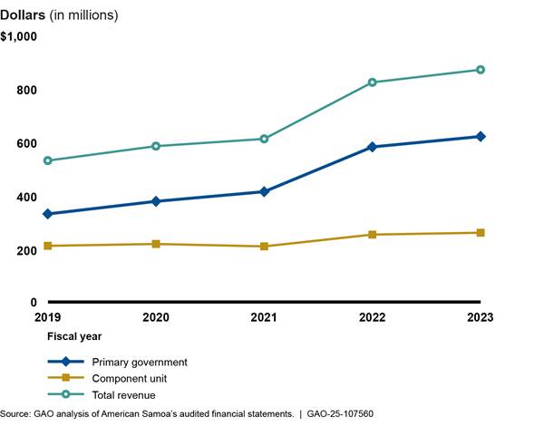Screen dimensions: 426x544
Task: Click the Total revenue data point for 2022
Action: (x=373, y=82)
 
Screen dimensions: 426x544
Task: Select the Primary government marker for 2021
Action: (x=264, y=191)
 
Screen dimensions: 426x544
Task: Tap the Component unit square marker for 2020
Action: (x=156, y=244)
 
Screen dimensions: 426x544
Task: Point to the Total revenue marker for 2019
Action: (x=48, y=160)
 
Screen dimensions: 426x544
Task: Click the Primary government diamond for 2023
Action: (x=481, y=136)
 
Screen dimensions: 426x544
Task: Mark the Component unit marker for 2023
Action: (x=481, y=233)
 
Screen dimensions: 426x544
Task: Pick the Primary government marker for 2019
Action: (x=48, y=214)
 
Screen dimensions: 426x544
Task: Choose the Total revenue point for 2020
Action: (x=156, y=146)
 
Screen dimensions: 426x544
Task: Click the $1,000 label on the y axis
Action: (x=19, y=36)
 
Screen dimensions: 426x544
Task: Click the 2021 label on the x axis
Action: (x=264, y=319)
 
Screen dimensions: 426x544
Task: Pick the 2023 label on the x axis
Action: (x=479, y=319)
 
